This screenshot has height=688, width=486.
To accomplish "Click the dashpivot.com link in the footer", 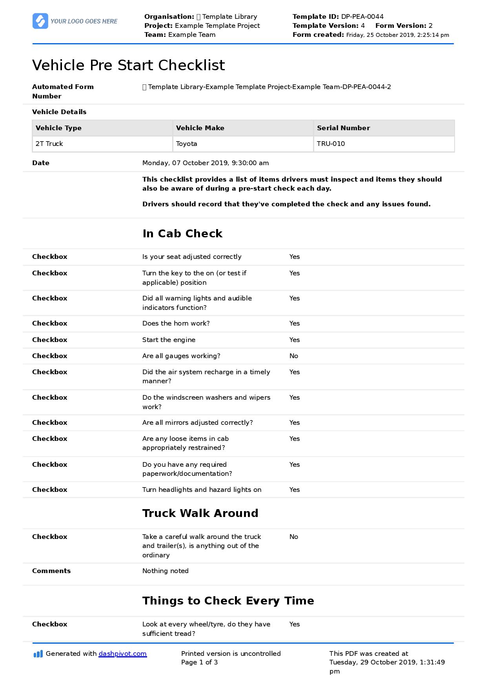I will pos(122,653).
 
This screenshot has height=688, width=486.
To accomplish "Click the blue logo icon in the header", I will pos(40,21).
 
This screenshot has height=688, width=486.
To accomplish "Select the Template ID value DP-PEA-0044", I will pos(362,16).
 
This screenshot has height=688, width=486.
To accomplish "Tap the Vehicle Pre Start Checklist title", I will pos(129,65).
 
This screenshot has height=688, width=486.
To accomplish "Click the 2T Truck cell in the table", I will pos(49,144).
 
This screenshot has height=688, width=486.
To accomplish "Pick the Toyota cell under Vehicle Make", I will pos(187,144).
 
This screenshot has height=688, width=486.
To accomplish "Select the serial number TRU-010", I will pos(331,144).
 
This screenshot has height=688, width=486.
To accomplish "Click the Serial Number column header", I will pos(343,128).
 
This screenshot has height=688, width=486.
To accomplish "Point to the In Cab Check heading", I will pos(182,233).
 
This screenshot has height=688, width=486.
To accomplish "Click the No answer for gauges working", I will pos(294,356).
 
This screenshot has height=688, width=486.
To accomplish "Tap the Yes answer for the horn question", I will pos(295,323).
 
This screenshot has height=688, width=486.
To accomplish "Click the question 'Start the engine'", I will pos(169,340).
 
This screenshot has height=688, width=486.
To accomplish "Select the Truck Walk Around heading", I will pos(200,513).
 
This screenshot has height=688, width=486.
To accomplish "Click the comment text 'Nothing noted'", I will pos(166,571).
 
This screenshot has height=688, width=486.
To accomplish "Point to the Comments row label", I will pos(51,571).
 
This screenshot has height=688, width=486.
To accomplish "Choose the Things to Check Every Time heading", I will pos(228,601).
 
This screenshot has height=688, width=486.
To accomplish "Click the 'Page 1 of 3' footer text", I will pos(199,662).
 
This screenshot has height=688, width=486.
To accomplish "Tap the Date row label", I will pos(41,163).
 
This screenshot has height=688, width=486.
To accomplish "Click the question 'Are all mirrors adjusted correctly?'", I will pos(197,422).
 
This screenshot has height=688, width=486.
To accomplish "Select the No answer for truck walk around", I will pos(294,537).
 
